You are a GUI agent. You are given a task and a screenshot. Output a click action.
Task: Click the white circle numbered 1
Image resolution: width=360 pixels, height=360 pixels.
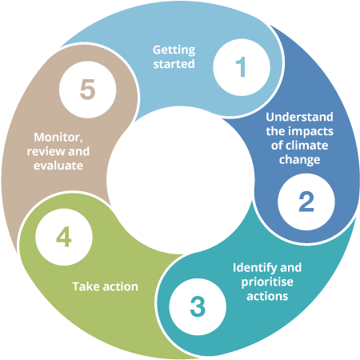241,67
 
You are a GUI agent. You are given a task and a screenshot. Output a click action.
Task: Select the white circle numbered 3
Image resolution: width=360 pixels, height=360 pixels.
197,306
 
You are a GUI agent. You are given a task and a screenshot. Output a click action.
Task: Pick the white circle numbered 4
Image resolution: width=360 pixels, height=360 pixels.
64,237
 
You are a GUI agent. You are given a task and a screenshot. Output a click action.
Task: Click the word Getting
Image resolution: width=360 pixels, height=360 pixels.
174,50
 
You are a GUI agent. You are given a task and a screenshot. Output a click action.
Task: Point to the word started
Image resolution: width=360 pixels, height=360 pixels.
174,63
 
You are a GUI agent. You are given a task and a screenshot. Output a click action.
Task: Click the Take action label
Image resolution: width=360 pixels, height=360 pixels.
105,286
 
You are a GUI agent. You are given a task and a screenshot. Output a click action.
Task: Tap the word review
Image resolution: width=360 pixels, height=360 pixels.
46,151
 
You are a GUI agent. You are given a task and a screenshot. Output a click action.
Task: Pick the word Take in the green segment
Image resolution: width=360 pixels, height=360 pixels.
86,286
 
